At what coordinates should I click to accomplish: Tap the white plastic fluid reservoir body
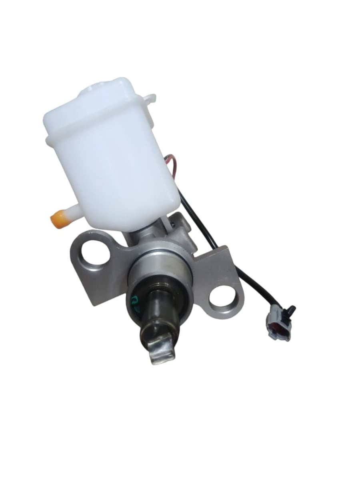116,168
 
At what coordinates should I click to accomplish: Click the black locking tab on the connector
291,310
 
